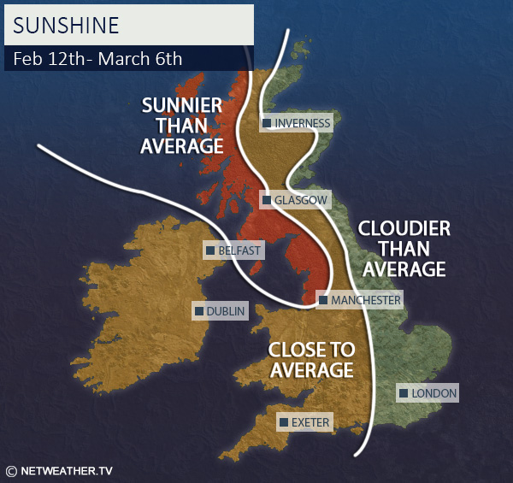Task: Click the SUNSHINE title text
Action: (x=68, y=25)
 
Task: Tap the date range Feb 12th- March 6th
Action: (x=98, y=59)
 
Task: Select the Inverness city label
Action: (x=302, y=123)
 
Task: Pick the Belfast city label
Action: (x=239, y=250)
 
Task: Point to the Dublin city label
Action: (x=226, y=311)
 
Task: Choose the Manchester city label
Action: (x=365, y=300)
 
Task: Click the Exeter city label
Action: (x=310, y=422)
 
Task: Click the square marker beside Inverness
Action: (x=267, y=123)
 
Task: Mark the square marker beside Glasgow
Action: (x=267, y=200)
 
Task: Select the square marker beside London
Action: (x=403, y=393)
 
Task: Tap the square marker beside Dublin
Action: (x=198, y=311)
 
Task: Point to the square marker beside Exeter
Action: (x=283, y=422)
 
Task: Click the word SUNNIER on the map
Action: (x=182, y=105)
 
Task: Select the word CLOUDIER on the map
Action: (x=404, y=229)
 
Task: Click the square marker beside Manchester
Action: (x=322, y=300)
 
